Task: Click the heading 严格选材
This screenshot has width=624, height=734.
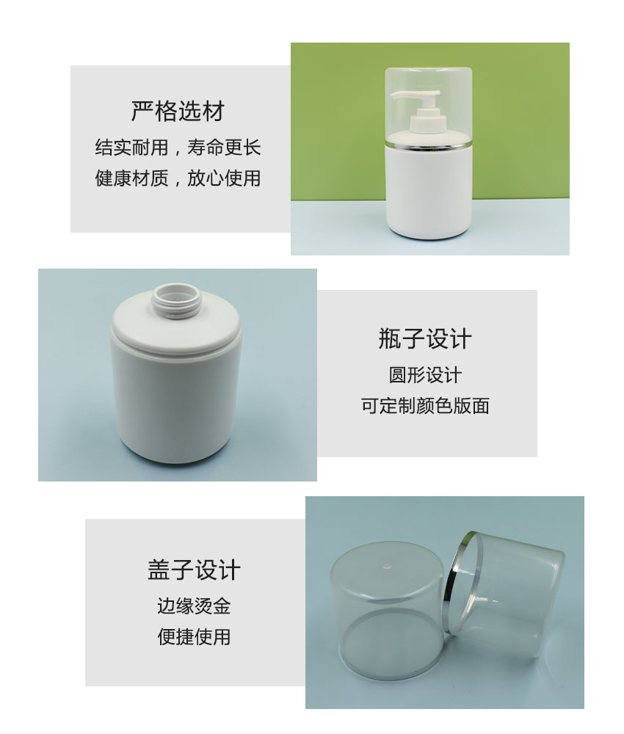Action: (x=178, y=112)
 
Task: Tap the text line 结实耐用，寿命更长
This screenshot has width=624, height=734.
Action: (x=178, y=148)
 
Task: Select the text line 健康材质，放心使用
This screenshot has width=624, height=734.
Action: (x=178, y=178)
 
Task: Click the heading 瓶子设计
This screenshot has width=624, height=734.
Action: (x=425, y=338)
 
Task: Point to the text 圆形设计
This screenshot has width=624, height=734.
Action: (x=425, y=375)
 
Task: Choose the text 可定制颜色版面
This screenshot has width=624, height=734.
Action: (x=425, y=406)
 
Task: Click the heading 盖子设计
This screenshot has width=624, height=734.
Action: (x=194, y=570)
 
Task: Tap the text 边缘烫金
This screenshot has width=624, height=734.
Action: (x=194, y=606)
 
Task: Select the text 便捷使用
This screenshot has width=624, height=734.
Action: (x=194, y=637)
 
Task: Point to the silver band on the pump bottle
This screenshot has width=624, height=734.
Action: (x=428, y=143)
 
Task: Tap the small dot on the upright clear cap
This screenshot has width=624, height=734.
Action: (x=386, y=567)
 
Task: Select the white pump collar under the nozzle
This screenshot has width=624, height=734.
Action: (x=428, y=123)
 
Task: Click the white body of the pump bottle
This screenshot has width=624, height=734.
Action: (x=428, y=192)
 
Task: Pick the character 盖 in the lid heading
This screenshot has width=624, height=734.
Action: (x=159, y=570)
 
